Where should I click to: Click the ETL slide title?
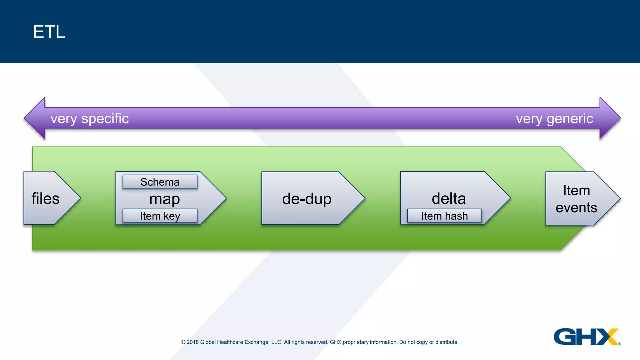click(49, 32)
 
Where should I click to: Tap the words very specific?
click(90, 118)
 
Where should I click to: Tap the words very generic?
click(554, 118)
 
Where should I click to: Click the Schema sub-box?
click(160, 182)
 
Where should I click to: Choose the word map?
click(165, 199)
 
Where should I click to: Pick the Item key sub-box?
click(160, 216)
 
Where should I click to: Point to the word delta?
click(449, 198)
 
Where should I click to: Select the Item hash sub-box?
click(444, 216)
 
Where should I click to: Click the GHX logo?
click(586, 337)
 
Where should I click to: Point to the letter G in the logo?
click(564, 337)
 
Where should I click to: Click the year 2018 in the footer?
click(192, 342)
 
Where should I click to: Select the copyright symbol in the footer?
click(183, 342)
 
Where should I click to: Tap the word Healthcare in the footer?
click(230, 342)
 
